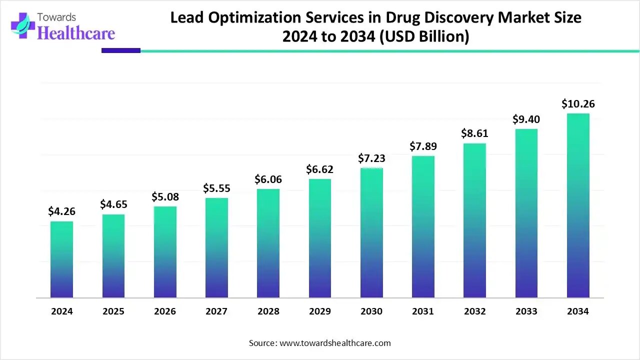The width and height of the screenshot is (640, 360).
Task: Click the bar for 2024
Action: coord(61,259)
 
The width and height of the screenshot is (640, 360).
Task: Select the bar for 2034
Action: coord(578,205)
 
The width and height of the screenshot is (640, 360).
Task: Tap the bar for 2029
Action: coord(320,238)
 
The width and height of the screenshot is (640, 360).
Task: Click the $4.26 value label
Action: coord(61,211)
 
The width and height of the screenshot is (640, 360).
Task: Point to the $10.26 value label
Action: coord(578,104)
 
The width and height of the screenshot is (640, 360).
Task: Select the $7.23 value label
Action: coord(371,158)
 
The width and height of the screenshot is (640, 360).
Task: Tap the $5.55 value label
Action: coord(216,188)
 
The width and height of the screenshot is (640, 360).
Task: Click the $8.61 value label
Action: coord(474,133)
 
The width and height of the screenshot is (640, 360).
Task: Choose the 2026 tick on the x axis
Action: coord(165,311)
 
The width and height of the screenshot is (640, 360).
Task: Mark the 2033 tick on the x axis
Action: coord(526,311)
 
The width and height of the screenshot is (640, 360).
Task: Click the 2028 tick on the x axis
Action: coord(268,311)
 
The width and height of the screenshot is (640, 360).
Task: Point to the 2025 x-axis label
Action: coord(113,311)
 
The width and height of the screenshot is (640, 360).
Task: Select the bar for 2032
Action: coord(474,220)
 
